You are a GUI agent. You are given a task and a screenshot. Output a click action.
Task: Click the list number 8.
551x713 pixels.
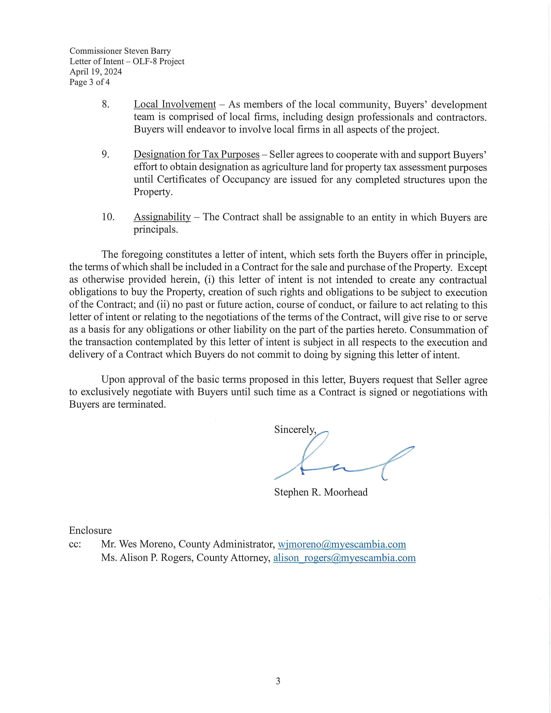click(x=105, y=105)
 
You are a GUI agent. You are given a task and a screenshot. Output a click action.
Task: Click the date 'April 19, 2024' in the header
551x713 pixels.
click(x=96, y=72)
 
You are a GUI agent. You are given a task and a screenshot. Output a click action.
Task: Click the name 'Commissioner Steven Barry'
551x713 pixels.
click(x=120, y=51)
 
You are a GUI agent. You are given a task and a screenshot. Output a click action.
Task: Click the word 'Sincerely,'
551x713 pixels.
click(x=295, y=430)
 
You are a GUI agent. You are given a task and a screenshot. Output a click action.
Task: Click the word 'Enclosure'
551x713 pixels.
click(x=90, y=530)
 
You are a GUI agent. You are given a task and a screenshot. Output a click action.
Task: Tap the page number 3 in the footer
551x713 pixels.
click(x=278, y=681)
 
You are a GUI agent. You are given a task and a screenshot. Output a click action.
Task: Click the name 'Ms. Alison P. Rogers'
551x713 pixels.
click(x=146, y=558)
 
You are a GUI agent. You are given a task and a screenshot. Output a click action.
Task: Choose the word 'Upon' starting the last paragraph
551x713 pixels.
click(x=113, y=380)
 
